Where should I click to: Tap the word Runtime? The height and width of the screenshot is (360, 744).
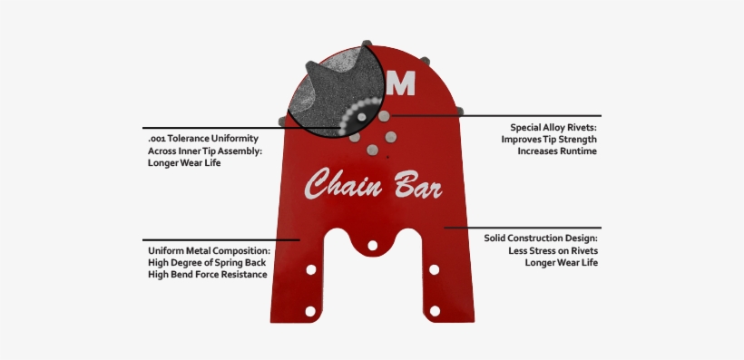[x=577, y=151]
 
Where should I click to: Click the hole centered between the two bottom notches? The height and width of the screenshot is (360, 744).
[x=371, y=246]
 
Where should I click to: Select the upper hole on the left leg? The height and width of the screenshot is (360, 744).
[x=310, y=270]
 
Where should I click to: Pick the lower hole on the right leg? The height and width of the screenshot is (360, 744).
[x=435, y=311]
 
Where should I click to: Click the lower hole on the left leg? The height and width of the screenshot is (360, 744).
[x=310, y=311]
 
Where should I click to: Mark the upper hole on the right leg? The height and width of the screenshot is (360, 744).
[x=435, y=270]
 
